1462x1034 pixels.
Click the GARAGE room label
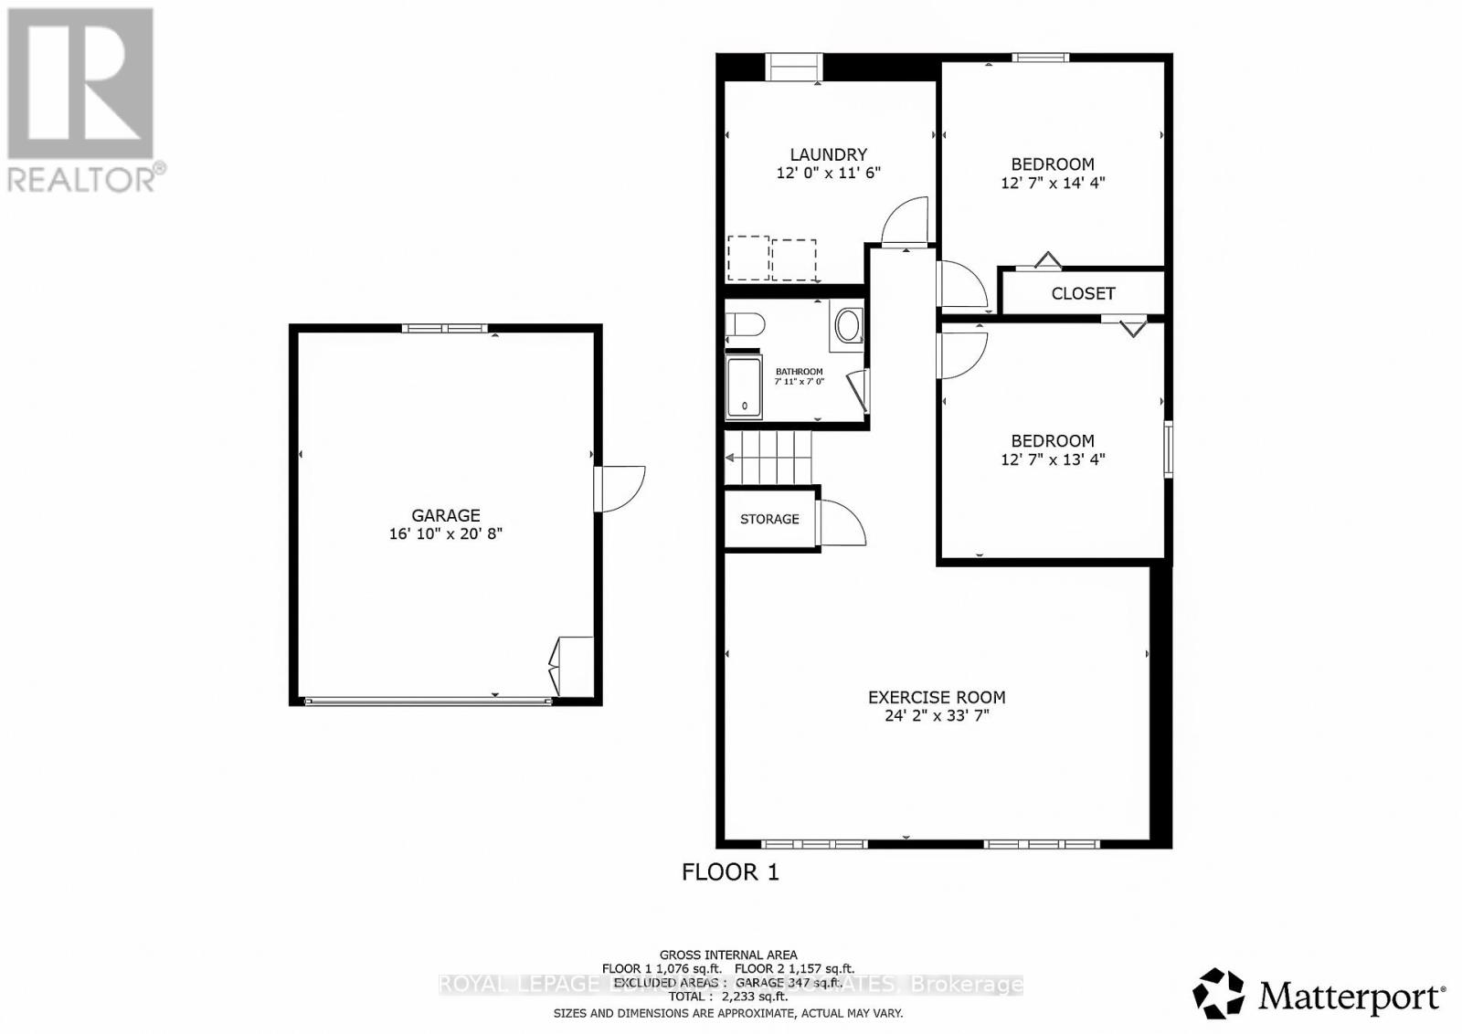[x=445, y=515]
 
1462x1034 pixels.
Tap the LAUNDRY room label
[x=828, y=155]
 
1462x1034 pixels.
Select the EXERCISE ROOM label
[x=936, y=697]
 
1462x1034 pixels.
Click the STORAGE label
[x=769, y=519]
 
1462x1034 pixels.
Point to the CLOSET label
[x=1083, y=293]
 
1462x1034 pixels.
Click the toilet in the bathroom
[x=744, y=325]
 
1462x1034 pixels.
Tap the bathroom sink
[x=848, y=325]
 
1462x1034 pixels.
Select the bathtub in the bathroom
[x=744, y=388]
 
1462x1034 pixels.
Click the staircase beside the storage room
[x=769, y=457]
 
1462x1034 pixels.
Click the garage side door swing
[x=621, y=489]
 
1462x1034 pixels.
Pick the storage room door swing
[x=842, y=523]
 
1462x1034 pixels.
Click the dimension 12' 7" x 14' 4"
[x=1053, y=183]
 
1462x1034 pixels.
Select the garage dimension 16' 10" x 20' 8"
[x=445, y=533]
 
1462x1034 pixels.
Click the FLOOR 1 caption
[x=730, y=872]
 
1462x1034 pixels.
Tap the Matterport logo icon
[x=1219, y=994]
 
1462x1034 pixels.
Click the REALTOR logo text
[x=82, y=179]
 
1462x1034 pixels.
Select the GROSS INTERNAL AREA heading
[x=728, y=955]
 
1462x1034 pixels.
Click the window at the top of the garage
[x=445, y=329]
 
